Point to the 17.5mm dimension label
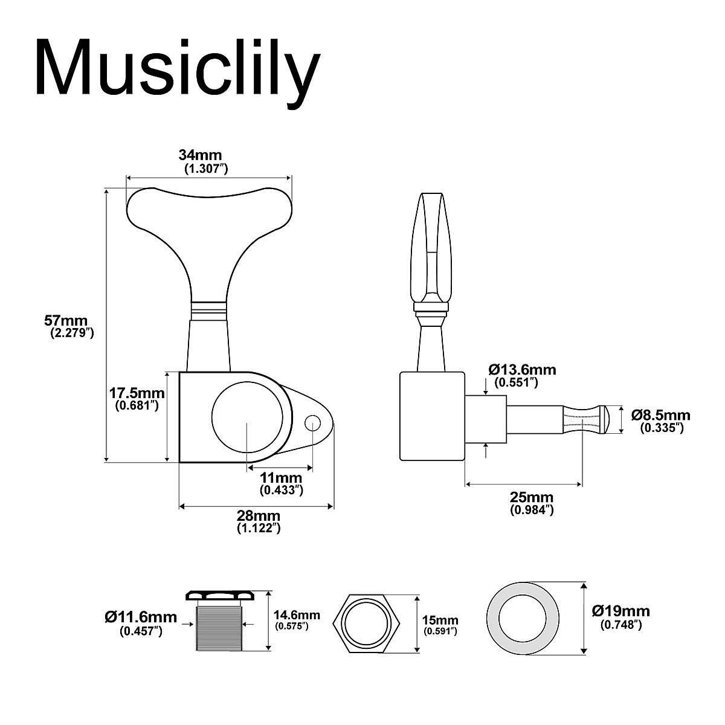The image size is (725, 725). tap(137, 393)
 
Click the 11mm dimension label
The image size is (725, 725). tap(281, 478)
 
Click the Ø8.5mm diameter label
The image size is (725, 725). tap(660, 415)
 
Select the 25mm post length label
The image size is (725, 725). tap(532, 497)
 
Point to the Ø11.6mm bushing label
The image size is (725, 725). tap(141, 617)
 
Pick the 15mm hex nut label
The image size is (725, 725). tap(440, 620)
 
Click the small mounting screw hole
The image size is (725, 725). tap(312, 422)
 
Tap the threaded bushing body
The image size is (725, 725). tap(220, 629)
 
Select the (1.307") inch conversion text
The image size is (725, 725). tap(205, 169)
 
